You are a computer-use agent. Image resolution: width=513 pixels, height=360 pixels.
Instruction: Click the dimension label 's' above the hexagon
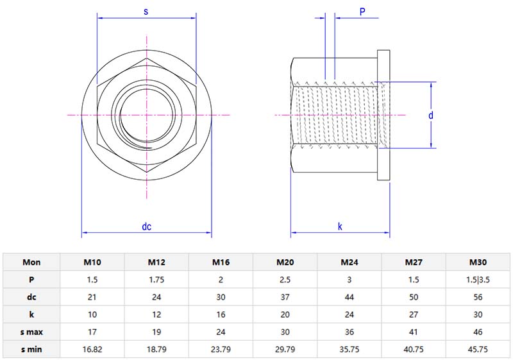[146, 12]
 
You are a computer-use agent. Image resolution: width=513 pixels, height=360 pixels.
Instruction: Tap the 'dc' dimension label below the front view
[146, 227]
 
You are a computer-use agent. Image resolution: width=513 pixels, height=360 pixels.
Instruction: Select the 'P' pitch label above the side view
[362, 12]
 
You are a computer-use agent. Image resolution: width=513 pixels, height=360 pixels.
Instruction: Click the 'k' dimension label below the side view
[340, 227]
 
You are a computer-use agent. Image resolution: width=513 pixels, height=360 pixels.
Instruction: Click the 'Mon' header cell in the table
[31, 262]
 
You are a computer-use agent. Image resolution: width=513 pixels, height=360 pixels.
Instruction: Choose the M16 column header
[221, 262]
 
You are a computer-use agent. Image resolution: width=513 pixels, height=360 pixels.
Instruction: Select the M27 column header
[414, 262]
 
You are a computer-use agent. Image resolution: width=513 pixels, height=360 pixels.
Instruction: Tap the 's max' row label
[31, 332]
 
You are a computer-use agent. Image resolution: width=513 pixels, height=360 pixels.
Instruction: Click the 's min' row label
[31, 350]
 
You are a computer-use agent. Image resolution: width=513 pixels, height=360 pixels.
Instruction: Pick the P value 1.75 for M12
[157, 280]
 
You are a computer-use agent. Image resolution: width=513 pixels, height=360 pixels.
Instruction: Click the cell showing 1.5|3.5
[478, 280]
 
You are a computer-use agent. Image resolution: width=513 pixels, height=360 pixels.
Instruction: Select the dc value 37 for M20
[285, 297]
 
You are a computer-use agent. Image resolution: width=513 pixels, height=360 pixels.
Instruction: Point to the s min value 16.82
[92, 350]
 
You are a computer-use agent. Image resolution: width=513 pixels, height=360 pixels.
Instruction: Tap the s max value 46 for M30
[478, 332]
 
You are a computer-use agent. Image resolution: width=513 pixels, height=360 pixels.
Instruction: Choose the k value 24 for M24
[349, 315]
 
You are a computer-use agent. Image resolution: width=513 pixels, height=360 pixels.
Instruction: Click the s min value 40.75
[414, 350]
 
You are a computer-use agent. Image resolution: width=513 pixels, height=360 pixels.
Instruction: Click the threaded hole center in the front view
[147, 115]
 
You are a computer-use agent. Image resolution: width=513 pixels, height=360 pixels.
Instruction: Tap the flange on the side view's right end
[384, 116]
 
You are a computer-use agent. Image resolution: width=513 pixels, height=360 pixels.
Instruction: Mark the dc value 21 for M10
[92, 297]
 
